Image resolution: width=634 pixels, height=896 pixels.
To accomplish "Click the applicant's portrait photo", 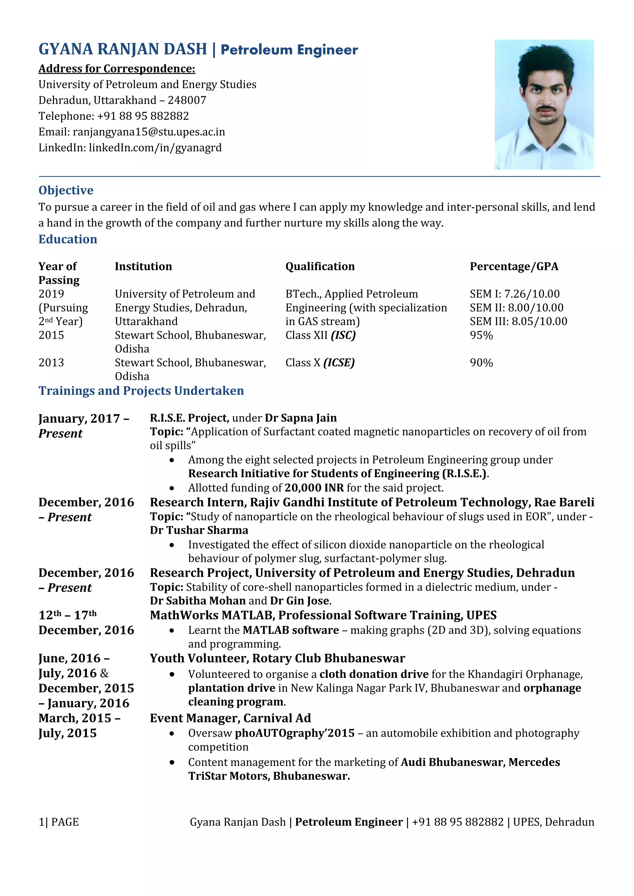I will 544,104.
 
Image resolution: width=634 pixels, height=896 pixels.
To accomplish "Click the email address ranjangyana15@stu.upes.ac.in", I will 149,132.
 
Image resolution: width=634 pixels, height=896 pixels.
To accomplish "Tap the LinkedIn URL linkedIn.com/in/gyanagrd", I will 155,148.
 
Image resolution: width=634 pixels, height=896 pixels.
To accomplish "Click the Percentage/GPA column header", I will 514,266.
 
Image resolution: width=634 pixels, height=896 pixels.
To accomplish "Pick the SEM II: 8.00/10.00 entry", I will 516,308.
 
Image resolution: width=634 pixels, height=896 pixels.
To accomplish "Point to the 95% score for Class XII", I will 481,335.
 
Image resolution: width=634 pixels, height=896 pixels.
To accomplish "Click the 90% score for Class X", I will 481,363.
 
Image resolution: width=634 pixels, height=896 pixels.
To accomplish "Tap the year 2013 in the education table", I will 51,363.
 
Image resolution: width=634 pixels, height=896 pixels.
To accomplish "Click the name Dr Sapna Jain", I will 301,418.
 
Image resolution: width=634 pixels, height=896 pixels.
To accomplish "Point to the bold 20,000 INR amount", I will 314,488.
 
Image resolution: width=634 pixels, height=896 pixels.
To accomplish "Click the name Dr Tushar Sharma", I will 199,530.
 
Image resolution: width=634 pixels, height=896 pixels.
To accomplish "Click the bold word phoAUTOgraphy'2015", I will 294,733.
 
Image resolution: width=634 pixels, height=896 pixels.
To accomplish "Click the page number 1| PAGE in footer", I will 59,822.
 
